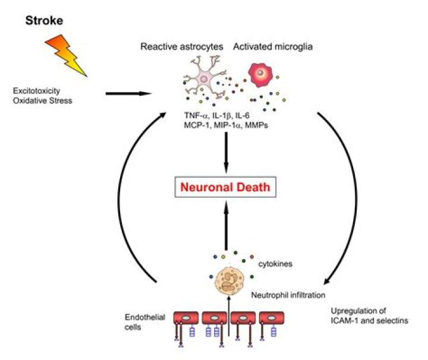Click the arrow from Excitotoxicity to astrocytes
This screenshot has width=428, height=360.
coord(127,93)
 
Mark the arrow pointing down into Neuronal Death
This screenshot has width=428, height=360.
coord(228,151)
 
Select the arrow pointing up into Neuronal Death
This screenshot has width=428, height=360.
coord(228,226)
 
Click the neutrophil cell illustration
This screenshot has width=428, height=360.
coord(227,280)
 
